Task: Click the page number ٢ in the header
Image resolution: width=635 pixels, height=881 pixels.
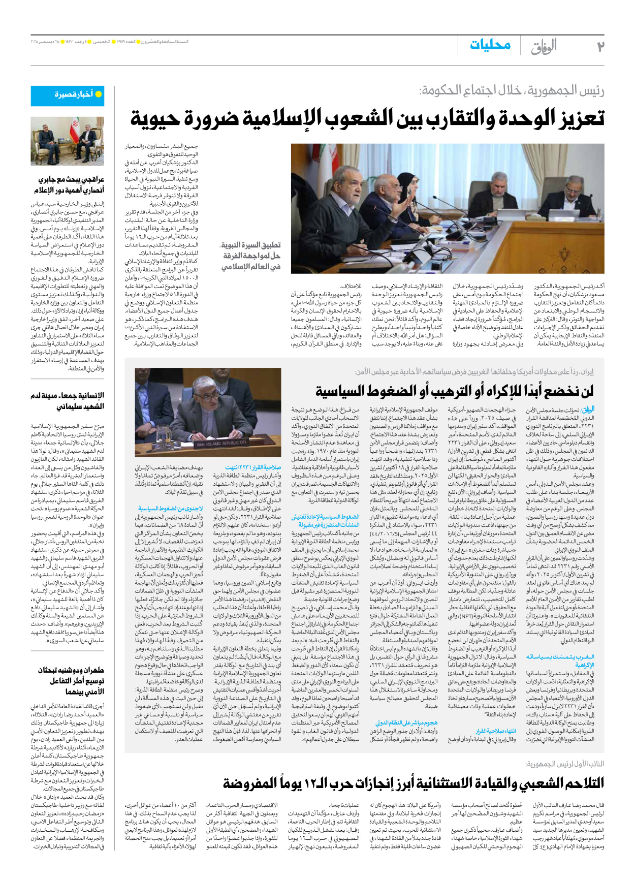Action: [x=600, y=46]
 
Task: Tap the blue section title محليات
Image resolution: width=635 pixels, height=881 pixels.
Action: [x=490, y=45]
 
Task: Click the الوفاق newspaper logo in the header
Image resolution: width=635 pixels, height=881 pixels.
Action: [x=544, y=46]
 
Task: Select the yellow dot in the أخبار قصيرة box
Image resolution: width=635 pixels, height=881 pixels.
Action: [x=99, y=94]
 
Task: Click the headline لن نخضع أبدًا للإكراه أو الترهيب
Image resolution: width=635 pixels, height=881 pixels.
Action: [x=454, y=392]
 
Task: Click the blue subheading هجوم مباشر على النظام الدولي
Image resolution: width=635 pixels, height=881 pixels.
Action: [x=406, y=722]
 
